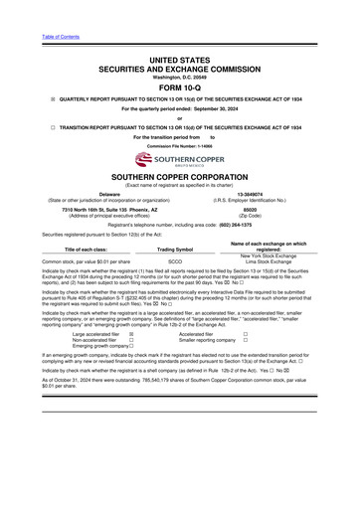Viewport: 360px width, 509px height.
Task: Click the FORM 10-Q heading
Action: pos(179,85)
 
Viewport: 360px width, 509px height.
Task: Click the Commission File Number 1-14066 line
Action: pos(179,146)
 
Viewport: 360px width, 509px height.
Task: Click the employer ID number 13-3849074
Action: pos(258,194)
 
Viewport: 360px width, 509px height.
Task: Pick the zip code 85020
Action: pos(258,211)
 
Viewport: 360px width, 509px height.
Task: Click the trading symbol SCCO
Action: pos(175,263)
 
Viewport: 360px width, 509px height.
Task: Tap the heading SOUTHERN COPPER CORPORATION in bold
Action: pos(179,177)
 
